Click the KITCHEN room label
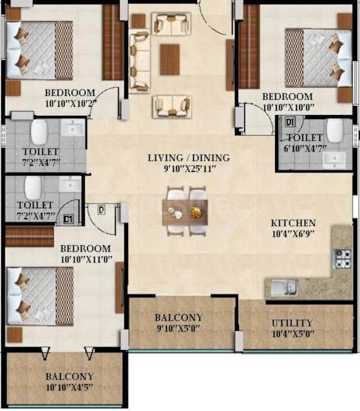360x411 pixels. click(x=292, y=223)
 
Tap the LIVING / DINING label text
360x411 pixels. click(x=189, y=158)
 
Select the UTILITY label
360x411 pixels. click(x=292, y=323)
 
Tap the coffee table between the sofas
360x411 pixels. click(x=170, y=59)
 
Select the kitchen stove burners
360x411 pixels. click(x=342, y=258)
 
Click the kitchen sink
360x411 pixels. click(x=282, y=288)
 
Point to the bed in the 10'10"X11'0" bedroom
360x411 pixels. click(x=40, y=295)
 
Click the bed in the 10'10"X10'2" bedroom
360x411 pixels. click(x=40, y=49)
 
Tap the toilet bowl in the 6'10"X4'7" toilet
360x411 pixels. click(x=334, y=130)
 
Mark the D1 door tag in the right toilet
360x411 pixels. click(x=290, y=123)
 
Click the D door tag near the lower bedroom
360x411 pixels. click(x=101, y=209)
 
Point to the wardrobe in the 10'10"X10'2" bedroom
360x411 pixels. click(x=112, y=42)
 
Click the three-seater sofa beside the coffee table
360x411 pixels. click(x=139, y=60)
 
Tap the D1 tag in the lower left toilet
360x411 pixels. click(x=68, y=219)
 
